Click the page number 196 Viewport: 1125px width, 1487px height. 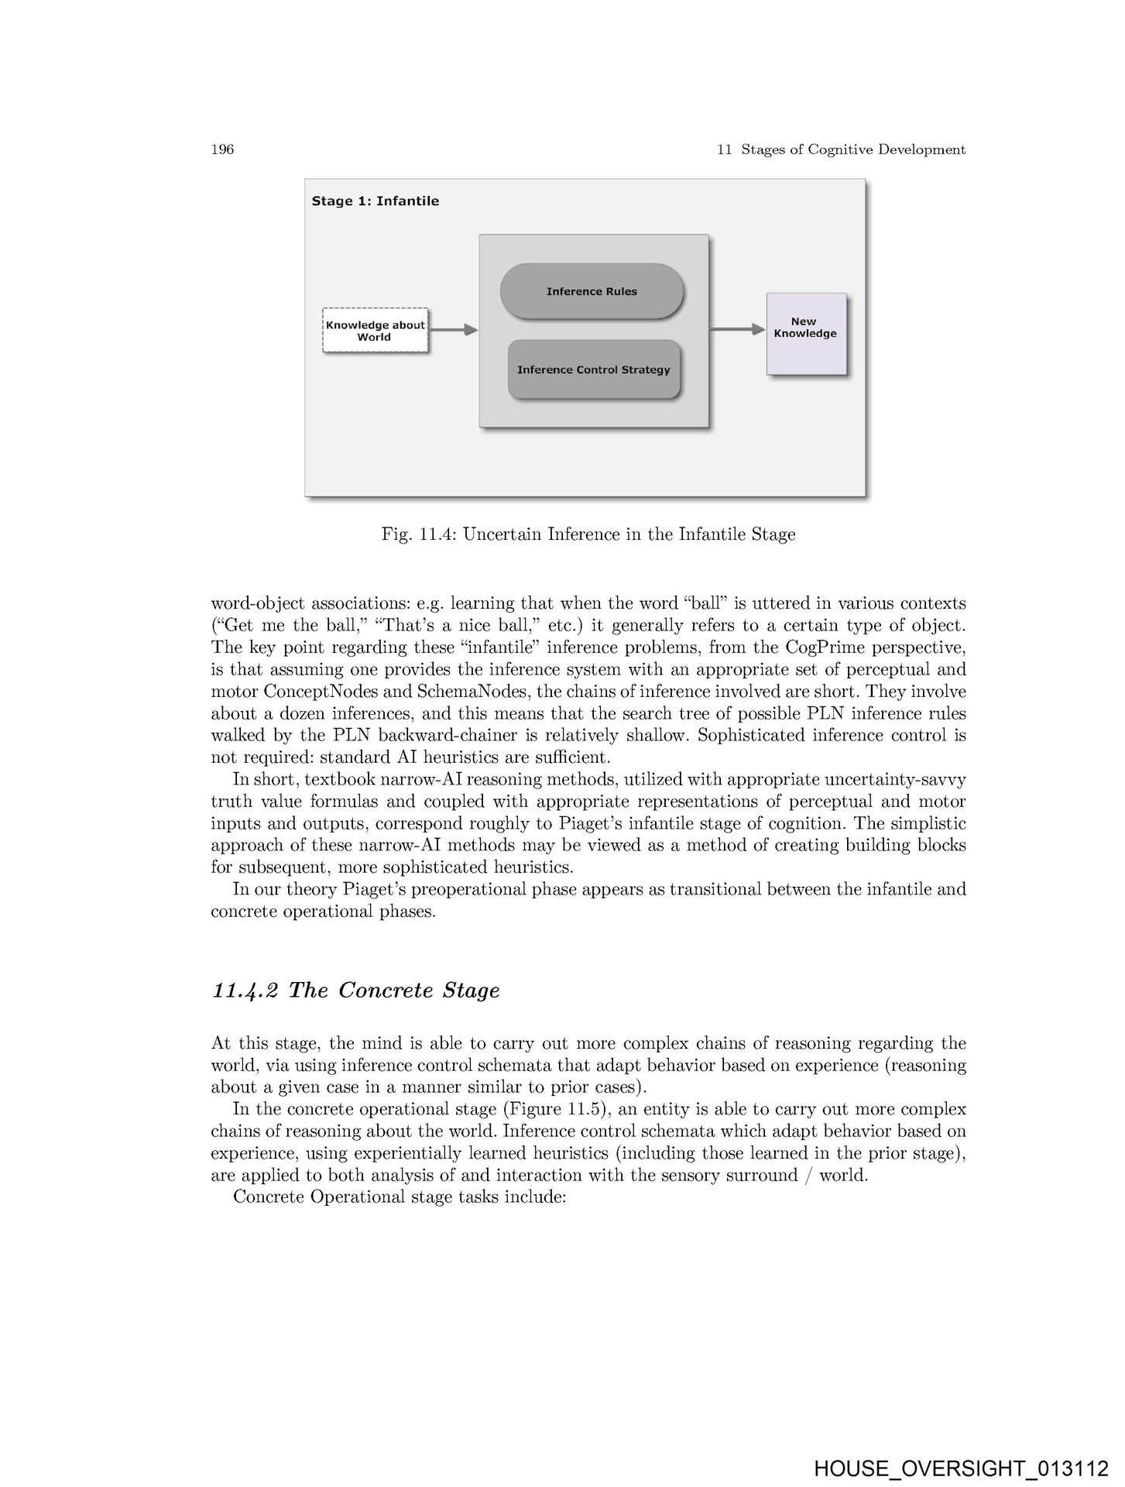(x=222, y=149)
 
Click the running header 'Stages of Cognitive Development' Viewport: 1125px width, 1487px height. (x=852, y=149)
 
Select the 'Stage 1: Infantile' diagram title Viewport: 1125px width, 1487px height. (x=376, y=201)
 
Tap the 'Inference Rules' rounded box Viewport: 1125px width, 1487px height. (x=592, y=291)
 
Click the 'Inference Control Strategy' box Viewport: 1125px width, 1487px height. (x=594, y=369)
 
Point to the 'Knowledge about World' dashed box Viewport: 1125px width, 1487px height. (x=375, y=331)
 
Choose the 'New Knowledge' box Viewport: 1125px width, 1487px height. (x=805, y=333)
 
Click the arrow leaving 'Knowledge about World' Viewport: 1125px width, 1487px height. (x=453, y=330)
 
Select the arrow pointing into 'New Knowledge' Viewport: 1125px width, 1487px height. (x=737, y=329)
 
